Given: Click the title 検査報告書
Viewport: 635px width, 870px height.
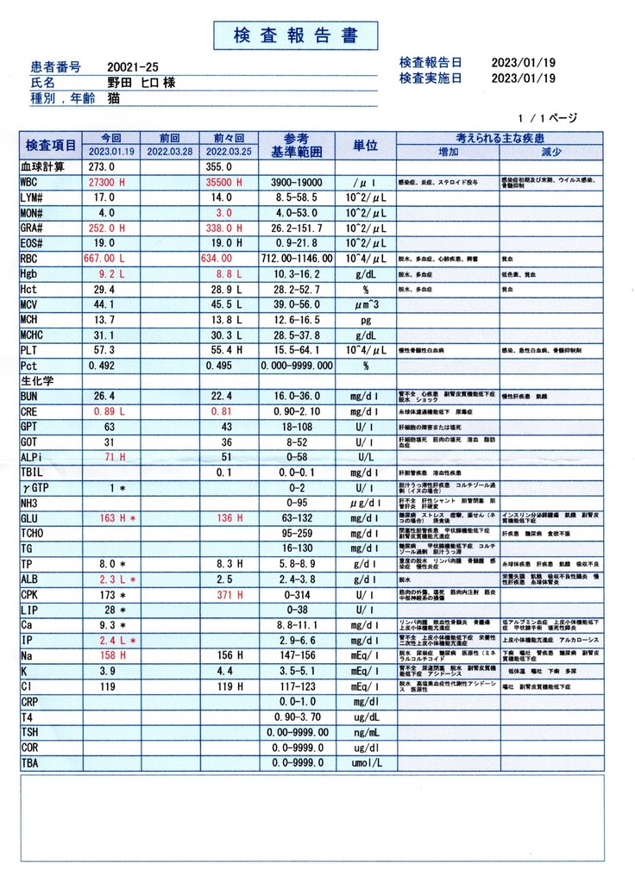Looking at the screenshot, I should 295,35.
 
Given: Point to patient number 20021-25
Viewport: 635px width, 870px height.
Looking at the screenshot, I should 133,66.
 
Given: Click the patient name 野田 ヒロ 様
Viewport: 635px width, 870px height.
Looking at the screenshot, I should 141,83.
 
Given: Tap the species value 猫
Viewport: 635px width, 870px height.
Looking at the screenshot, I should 114,98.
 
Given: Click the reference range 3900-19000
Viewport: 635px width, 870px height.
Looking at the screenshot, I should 296,183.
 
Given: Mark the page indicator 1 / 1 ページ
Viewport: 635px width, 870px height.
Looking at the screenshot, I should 547,118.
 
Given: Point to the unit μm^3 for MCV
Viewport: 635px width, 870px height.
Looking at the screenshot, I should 365,304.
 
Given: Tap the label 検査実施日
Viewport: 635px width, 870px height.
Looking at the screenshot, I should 430,78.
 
